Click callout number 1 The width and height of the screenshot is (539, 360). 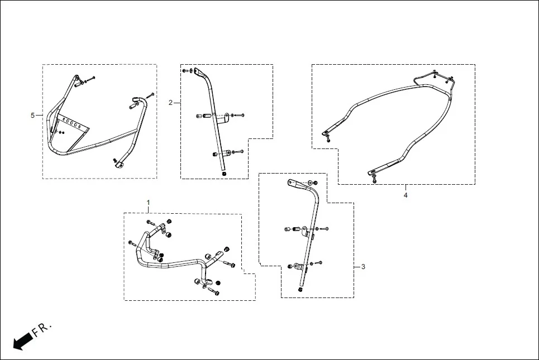148,201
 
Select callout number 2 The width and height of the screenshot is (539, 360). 171,102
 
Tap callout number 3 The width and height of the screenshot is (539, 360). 363,267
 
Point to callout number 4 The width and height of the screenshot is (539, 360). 406,195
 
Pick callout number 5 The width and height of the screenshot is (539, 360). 32,115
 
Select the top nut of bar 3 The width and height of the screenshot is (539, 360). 312,183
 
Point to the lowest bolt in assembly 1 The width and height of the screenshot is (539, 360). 214,291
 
